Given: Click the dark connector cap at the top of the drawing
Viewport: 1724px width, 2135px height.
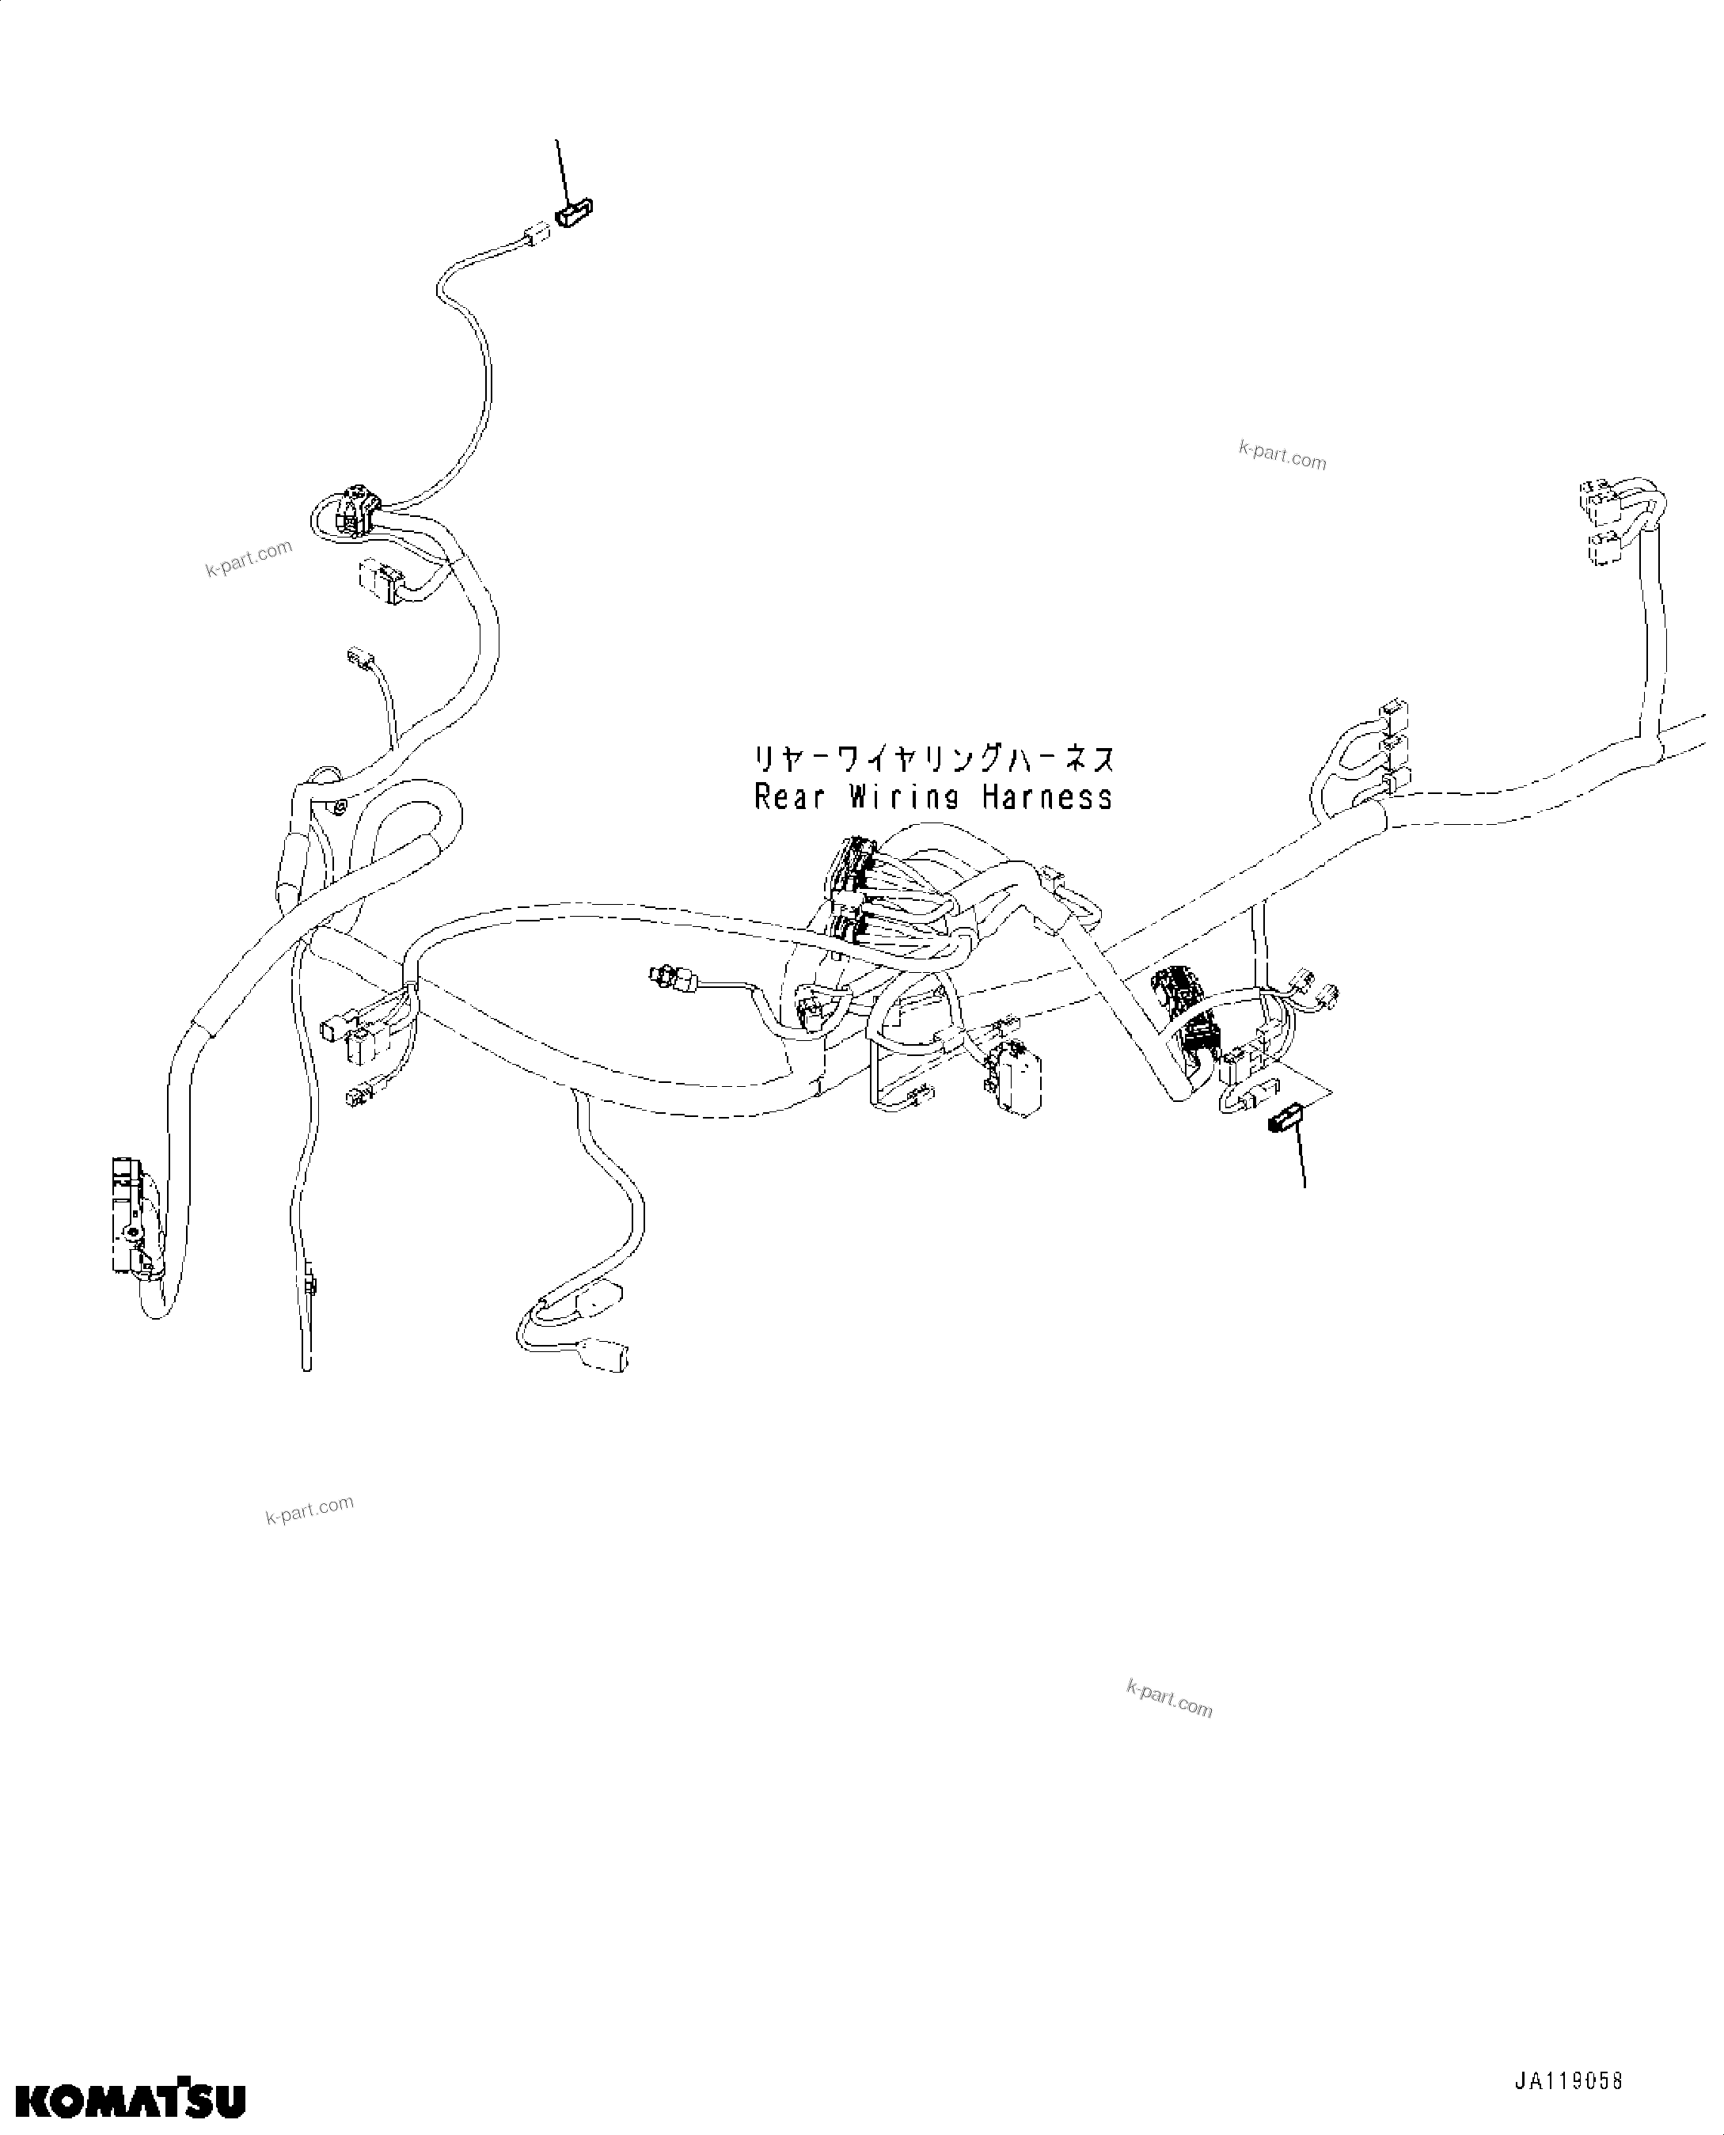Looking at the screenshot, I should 574,212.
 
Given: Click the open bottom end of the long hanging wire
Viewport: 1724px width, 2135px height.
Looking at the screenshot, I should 307,1366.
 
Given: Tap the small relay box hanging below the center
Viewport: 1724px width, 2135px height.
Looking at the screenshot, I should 1019,1078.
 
